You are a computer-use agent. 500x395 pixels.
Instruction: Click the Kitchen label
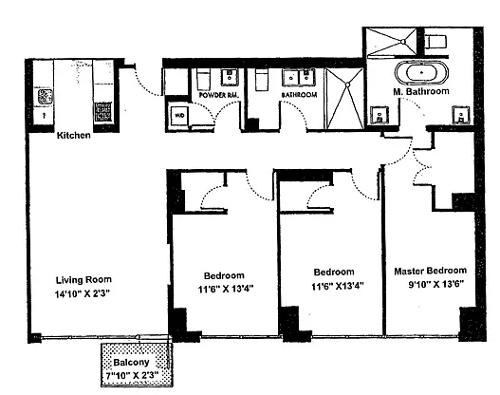pos(73,135)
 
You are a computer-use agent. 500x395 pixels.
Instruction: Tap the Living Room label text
pos(83,280)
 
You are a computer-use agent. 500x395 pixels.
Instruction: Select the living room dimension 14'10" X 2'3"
pos(83,293)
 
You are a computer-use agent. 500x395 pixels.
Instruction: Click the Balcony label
pos(131,363)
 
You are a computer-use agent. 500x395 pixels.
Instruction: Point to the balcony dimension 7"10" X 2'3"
pos(132,375)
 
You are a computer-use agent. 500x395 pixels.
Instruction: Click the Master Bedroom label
pos(430,271)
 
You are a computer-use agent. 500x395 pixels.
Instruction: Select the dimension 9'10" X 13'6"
pos(435,284)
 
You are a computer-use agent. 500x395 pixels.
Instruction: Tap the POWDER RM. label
pos(219,95)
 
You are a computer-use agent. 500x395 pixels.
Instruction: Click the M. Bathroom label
pos(421,91)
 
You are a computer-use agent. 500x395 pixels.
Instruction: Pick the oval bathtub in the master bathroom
pos(421,73)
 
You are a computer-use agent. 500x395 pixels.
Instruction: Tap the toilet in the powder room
pos(203,79)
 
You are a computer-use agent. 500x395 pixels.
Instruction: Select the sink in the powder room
pos(230,77)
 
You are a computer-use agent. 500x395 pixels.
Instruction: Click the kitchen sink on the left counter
pos(45,97)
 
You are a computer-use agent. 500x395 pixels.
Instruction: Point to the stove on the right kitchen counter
pos(102,112)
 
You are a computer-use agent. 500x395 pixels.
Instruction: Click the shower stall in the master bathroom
pos(391,42)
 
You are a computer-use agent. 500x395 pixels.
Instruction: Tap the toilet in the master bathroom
pos(435,42)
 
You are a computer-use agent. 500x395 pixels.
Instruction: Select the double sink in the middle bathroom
pos(298,78)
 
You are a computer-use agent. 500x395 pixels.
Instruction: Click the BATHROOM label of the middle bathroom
pos(299,95)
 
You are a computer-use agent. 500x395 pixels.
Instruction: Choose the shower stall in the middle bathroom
pos(344,99)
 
